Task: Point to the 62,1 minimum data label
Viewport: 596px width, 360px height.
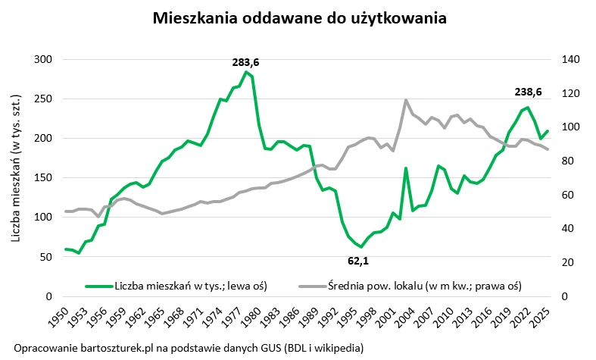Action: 361,261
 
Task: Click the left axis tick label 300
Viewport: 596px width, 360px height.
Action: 44,60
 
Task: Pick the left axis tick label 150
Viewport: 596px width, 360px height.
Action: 44,178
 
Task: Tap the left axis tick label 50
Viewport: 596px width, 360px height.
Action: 47,257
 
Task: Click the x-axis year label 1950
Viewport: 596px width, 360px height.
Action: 66,318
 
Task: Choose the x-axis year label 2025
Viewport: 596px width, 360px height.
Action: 546,318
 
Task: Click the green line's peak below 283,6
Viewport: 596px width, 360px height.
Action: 246,73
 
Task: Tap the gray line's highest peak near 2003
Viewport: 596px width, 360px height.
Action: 407,100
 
